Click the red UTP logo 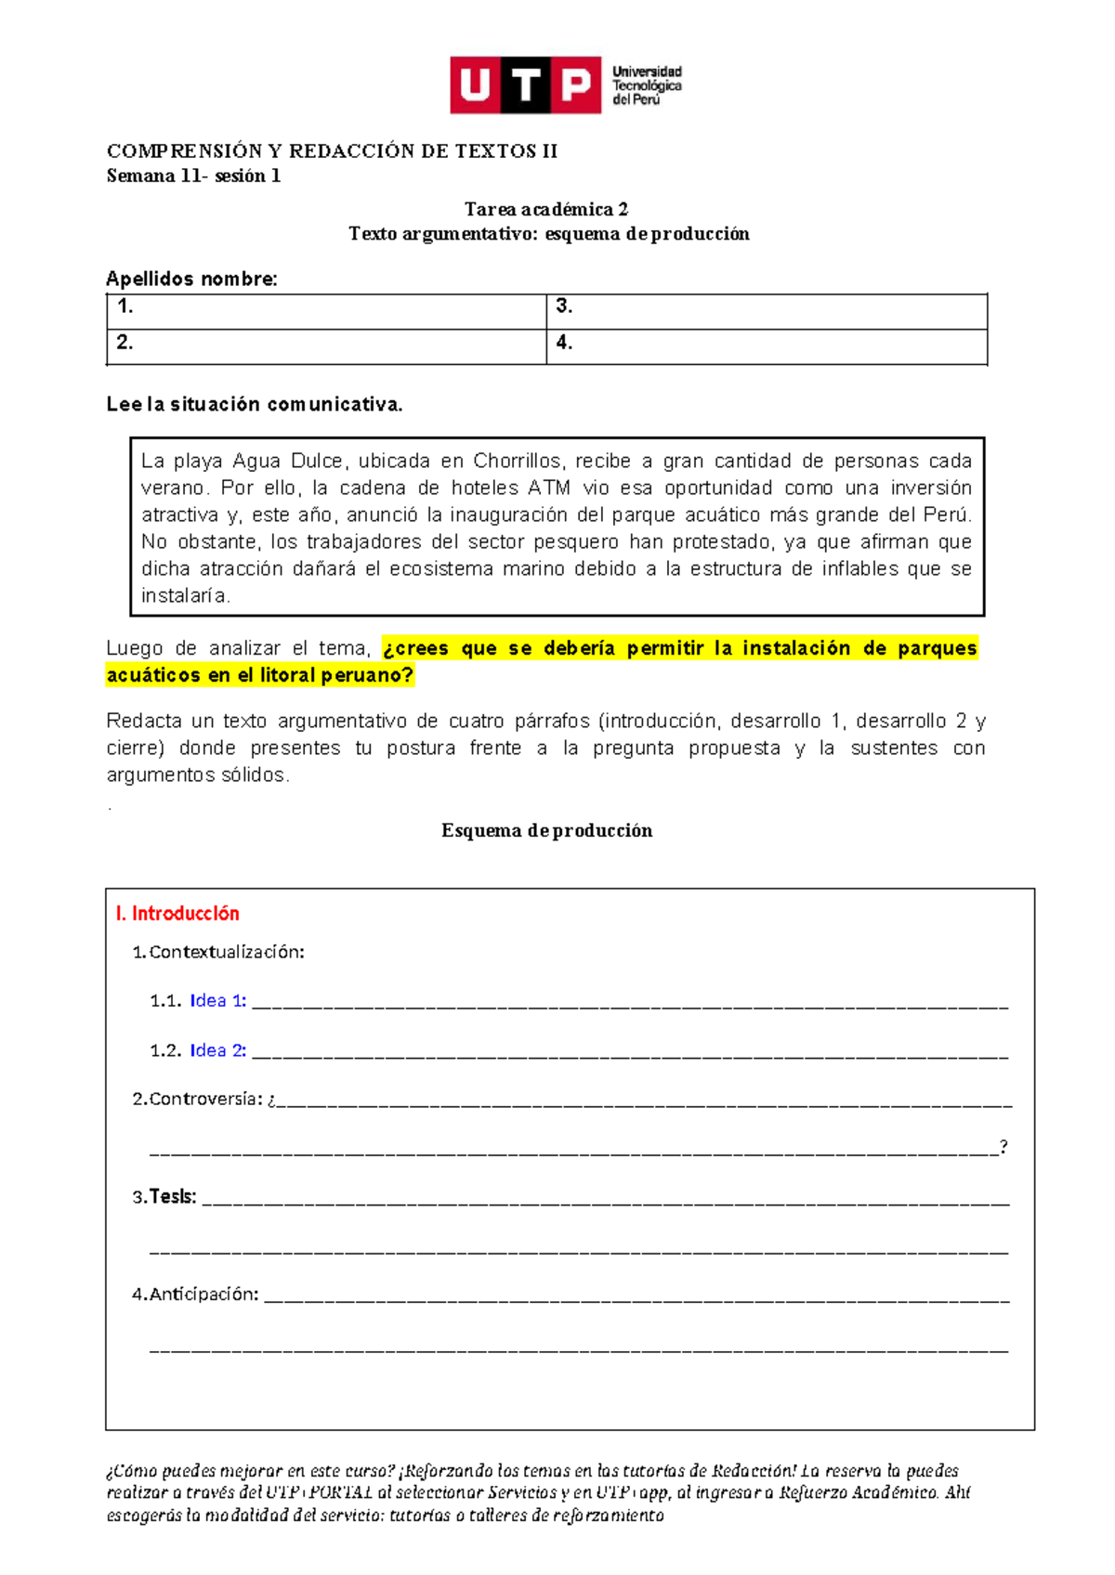pyautogui.click(x=525, y=85)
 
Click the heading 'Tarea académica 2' pyautogui.click(x=546, y=209)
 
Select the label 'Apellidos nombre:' pyautogui.click(x=191, y=279)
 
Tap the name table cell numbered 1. pyautogui.click(x=326, y=311)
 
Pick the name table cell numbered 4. pyautogui.click(x=766, y=346)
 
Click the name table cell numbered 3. pyautogui.click(x=766, y=311)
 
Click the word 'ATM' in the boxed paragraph pyautogui.click(x=548, y=488)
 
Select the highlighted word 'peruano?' pyautogui.click(x=367, y=675)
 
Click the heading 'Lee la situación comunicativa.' pyautogui.click(x=255, y=404)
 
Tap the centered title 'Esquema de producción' pyautogui.click(x=546, y=830)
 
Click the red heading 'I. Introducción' pyautogui.click(x=177, y=913)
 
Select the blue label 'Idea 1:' pyautogui.click(x=217, y=1000)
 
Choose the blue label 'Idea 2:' pyautogui.click(x=217, y=1050)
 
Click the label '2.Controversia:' pyautogui.click(x=197, y=1099)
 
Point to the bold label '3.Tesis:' pyautogui.click(x=164, y=1196)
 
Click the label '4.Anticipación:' pyautogui.click(x=195, y=1294)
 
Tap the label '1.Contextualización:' pyautogui.click(x=218, y=952)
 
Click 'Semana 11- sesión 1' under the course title pyautogui.click(x=193, y=176)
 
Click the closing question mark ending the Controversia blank pyautogui.click(x=1003, y=1147)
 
